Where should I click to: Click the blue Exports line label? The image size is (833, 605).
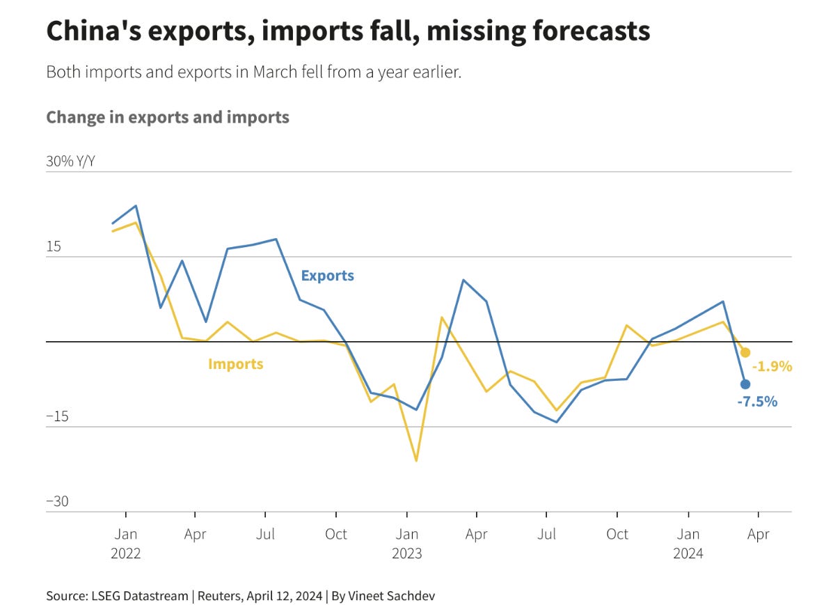click(x=327, y=276)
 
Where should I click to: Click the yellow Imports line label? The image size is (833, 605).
click(x=235, y=363)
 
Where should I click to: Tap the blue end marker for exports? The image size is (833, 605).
click(x=745, y=384)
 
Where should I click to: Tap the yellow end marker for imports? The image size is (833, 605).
click(x=745, y=352)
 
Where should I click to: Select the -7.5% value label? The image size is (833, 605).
click(x=757, y=401)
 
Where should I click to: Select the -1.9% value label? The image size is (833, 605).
click(x=772, y=366)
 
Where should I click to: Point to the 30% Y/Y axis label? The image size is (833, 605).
click(x=70, y=162)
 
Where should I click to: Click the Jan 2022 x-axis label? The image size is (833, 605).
click(x=126, y=544)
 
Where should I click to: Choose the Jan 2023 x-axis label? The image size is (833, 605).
click(x=407, y=544)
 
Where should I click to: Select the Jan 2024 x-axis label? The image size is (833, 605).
click(x=688, y=544)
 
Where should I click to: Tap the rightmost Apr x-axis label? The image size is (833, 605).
click(x=758, y=534)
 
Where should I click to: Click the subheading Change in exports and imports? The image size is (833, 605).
click(x=168, y=117)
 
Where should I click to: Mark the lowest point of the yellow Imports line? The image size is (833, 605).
click(x=416, y=461)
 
